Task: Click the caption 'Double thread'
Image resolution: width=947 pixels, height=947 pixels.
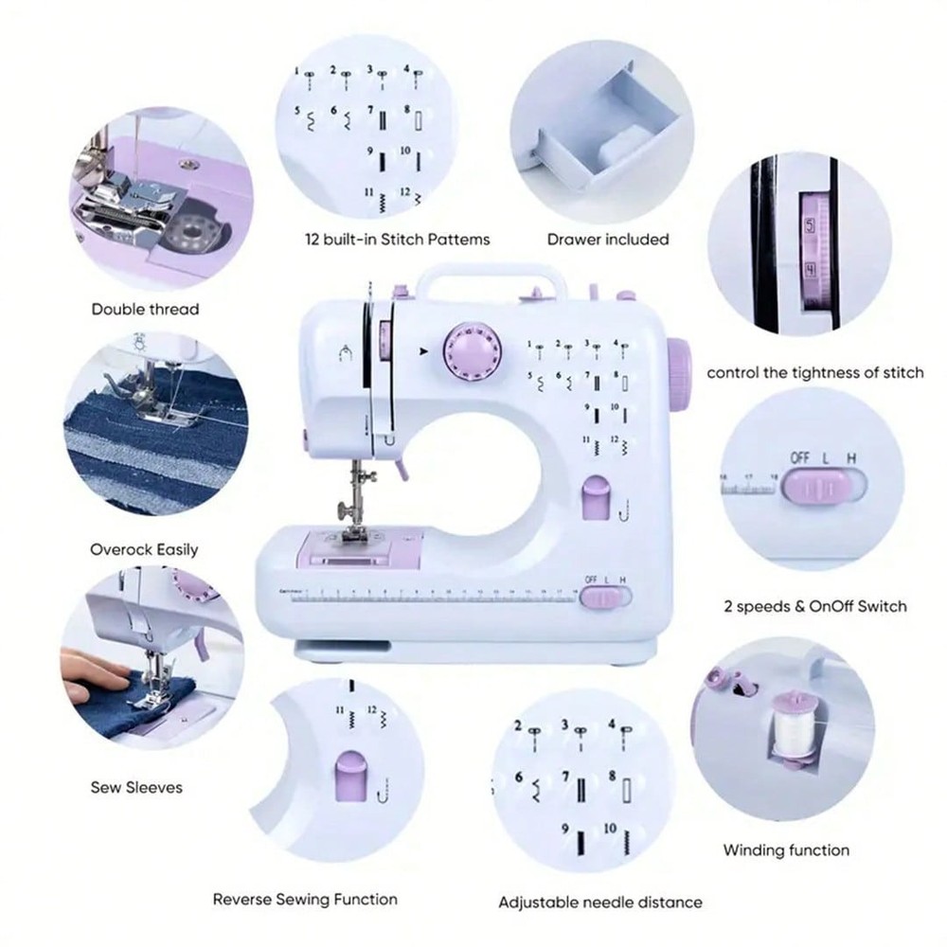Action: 145,309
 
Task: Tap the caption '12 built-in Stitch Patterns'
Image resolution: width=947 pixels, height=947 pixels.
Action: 397,240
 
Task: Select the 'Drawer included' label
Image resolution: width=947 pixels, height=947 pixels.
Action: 607,240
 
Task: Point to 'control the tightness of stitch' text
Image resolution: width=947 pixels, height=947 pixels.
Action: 815,372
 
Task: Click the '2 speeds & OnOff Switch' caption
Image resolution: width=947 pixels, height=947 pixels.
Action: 814,606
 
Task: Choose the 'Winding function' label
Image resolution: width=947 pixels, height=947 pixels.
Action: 786,849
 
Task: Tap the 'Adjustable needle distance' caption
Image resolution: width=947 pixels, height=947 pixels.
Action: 600,902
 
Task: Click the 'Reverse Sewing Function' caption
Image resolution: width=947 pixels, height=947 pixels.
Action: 304,899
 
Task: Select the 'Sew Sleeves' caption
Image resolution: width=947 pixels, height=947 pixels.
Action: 136,787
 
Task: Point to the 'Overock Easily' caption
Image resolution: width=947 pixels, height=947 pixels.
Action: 144,549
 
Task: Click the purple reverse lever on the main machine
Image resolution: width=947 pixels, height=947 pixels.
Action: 594,498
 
